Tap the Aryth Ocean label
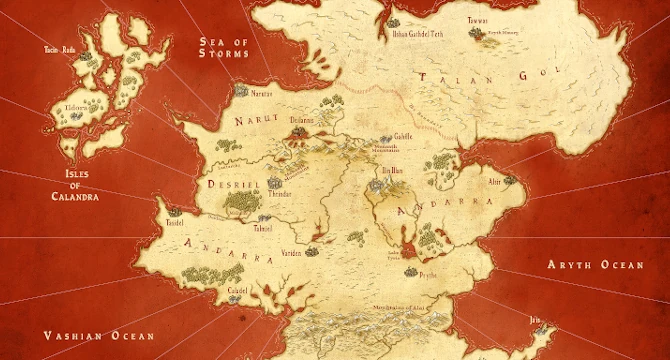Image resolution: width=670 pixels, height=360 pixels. pos(593,264)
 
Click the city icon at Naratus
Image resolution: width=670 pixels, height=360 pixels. pos(240,91)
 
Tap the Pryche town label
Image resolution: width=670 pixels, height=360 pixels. pos(426,272)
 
